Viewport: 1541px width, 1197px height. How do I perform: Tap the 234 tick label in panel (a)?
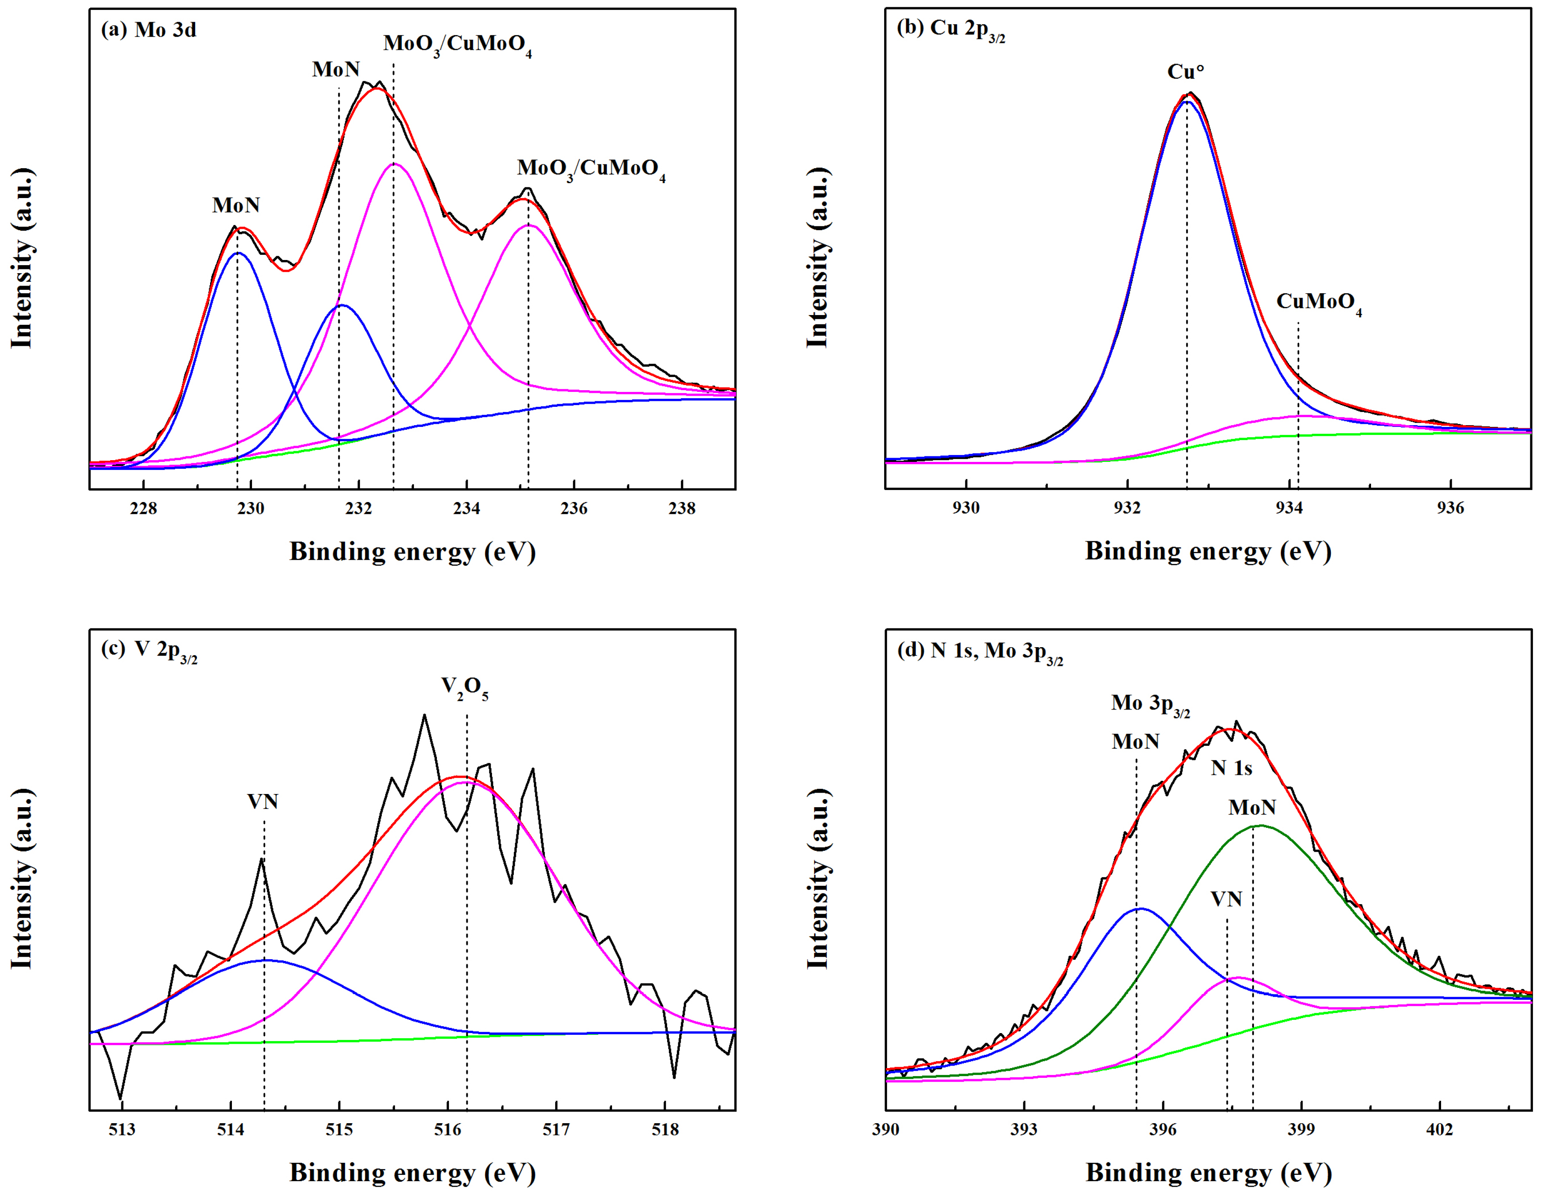coord(466,508)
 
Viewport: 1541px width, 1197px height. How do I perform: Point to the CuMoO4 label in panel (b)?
coord(1318,303)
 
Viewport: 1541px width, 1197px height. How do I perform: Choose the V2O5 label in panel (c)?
coord(464,687)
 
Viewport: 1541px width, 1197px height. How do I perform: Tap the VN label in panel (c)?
coord(263,802)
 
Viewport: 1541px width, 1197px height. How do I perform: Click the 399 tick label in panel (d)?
coord(1301,1129)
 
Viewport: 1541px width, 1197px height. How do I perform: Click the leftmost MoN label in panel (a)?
coord(236,205)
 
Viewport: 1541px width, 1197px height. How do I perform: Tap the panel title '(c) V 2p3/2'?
coord(149,650)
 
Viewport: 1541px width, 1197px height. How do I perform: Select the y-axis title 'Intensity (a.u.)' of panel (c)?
coord(23,878)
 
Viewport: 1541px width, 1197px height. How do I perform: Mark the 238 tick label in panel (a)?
coord(682,508)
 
